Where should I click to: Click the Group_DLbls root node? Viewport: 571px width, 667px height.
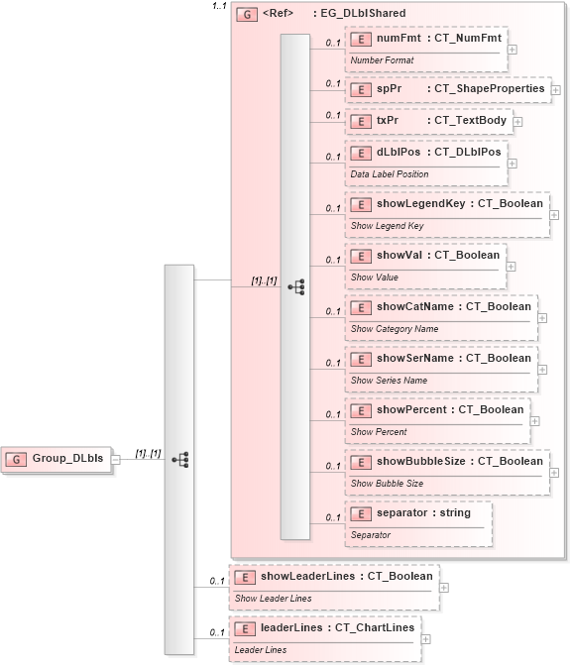57,459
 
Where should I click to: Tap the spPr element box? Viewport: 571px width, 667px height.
447,89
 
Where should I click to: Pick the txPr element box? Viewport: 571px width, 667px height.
427,121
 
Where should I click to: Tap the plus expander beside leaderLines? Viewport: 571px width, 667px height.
426,638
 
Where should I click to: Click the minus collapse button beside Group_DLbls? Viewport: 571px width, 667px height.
117,459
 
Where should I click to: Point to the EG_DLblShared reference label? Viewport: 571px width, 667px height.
358,14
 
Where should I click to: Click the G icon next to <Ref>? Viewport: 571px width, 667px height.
245,15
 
